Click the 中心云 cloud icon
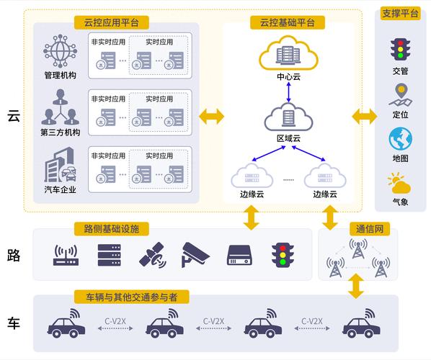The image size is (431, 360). [288, 52]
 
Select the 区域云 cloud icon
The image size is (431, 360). [288, 117]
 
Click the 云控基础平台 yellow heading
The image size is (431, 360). [288, 22]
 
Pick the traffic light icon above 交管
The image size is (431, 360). [399, 49]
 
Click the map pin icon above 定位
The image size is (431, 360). [399, 94]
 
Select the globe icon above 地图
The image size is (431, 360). [400, 138]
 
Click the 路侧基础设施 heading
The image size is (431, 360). [112, 229]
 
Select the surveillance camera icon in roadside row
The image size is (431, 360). [194, 253]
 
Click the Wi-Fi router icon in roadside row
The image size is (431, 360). [66, 254]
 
